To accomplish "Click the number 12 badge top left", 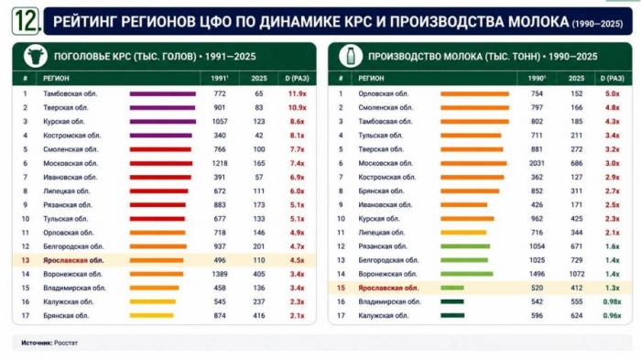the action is click(x=27, y=21).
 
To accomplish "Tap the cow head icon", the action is click(x=36, y=56).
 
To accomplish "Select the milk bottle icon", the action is click(x=351, y=56).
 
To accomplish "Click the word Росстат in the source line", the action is click(x=66, y=343).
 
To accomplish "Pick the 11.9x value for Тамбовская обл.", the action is click(x=298, y=93).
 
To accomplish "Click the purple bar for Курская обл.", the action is click(x=163, y=122).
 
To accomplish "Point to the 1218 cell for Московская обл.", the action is click(x=220, y=163).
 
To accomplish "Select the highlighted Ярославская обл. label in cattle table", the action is click(x=73, y=260).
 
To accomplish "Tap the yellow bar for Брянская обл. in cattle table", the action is click(x=152, y=315).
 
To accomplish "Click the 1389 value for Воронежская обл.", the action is click(x=220, y=274).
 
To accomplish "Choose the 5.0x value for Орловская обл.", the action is click(x=613, y=93).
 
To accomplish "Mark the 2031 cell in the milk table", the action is click(x=537, y=163).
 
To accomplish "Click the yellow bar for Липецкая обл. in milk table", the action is click(x=463, y=233).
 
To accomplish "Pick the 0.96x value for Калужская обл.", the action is click(x=612, y=315).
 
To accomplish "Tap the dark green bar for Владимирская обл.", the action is click(x=452, y=301).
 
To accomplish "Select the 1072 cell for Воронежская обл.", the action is click(x=576, y=274).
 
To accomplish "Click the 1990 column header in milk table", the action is click(x=537, y=78).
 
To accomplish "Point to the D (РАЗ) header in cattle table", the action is click(x=298, y=78).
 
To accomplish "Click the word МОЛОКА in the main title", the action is click(x=538, y=21).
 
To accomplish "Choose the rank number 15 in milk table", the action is click(x=341, y=288).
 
